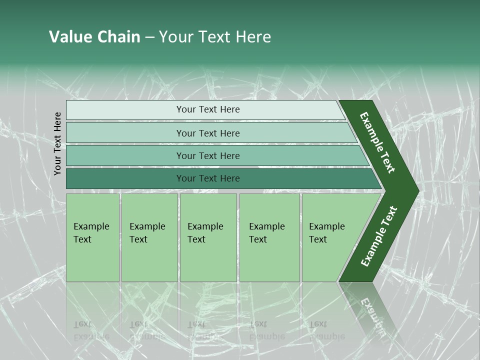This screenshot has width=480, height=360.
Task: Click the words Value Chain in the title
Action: point(94,37)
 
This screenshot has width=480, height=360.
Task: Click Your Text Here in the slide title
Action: point(215,37)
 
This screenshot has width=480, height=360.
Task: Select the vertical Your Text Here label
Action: point(57,143)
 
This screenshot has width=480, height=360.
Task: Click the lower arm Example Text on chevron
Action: point(379,236)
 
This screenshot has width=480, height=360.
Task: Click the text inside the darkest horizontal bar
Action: point(208,178)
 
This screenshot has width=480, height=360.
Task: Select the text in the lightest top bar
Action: point(208,109)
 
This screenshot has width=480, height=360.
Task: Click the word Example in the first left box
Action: point(91,226)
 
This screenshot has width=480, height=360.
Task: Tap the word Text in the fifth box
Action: point(318,239)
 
